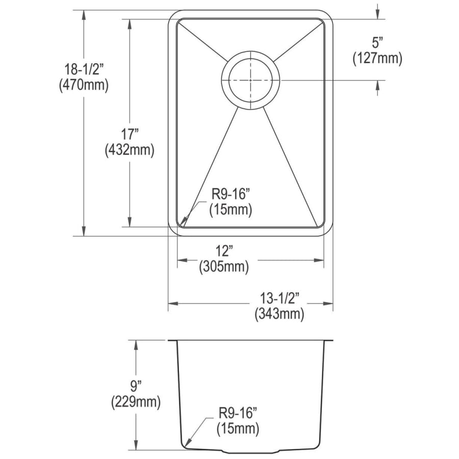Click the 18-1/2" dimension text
pos(84,70)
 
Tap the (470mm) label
pos(84,85)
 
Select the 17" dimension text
pos(130,135)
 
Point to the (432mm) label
pos(130,150)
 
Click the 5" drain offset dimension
pos(377,43)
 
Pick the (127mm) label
pos(377,58)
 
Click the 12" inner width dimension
pos(224,251)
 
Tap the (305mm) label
pos(224,266)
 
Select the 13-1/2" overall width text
pos(280,298)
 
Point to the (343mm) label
pos(279,314)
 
